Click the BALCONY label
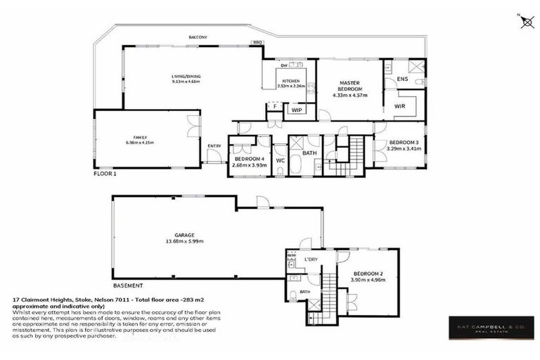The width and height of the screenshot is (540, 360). [197, 37]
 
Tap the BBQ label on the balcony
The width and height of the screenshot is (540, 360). [257, 42]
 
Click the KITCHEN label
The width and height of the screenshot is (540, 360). [292, 82]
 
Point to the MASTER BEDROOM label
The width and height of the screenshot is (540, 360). [349, 86]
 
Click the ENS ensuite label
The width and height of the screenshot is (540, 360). [402, 79]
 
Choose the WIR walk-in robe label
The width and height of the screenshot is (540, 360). [400, 106]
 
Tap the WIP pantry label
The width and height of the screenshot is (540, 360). [296, 110]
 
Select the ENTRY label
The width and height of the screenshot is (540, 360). [214, 146]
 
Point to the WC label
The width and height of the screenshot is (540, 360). [280, 160]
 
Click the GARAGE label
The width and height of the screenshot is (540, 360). [184, 236]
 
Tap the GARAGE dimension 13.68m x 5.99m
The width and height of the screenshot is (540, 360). [184, 242]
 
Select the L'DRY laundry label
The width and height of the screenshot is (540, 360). [311, 260]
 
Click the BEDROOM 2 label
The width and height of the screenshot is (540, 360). [368, 273]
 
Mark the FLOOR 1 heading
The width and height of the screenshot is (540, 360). [106, 172]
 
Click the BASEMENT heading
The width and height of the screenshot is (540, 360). [128, 286]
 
